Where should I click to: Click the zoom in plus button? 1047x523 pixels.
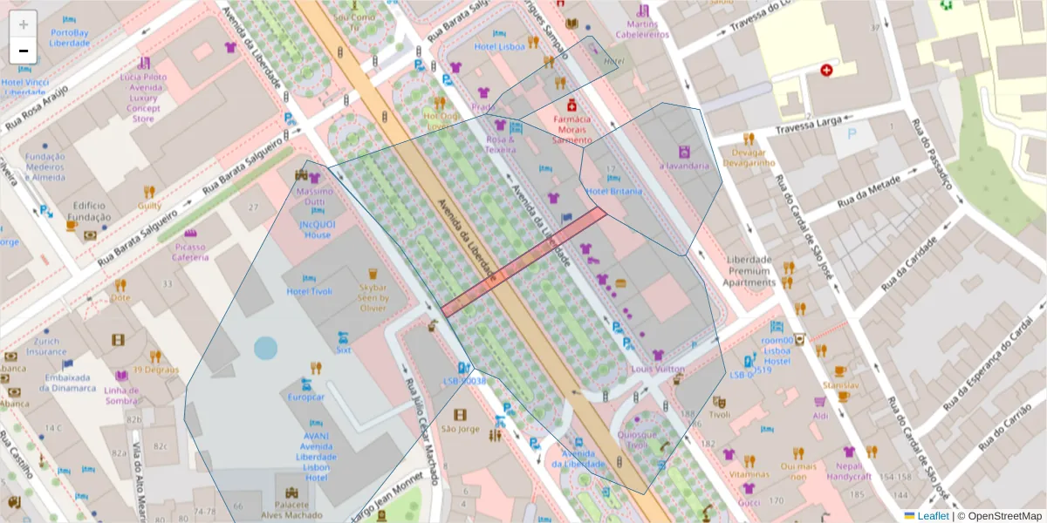tap(24, 24)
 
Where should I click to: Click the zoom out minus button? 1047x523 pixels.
tap(24, 51)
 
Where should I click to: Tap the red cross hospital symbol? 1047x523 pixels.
tap(825, 70)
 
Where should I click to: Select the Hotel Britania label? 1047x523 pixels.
tap(614, 191)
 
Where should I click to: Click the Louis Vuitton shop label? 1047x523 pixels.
tap(658, 369)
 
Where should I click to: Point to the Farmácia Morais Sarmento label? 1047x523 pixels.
tap(571, 129)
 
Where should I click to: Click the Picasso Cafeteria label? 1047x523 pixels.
tap(189, 252)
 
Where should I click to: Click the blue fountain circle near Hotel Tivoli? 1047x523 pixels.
tap(265, 349)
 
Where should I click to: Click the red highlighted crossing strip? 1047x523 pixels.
tap(523, 261)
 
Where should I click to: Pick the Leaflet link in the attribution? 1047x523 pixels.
tap(933, 516)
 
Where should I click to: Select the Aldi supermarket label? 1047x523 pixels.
tap(820, 416)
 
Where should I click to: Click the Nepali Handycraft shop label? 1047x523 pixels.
tap(849, 471)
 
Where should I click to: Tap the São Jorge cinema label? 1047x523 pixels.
tap(460, 428)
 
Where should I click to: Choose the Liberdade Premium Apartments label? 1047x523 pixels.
tap(749, 271)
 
